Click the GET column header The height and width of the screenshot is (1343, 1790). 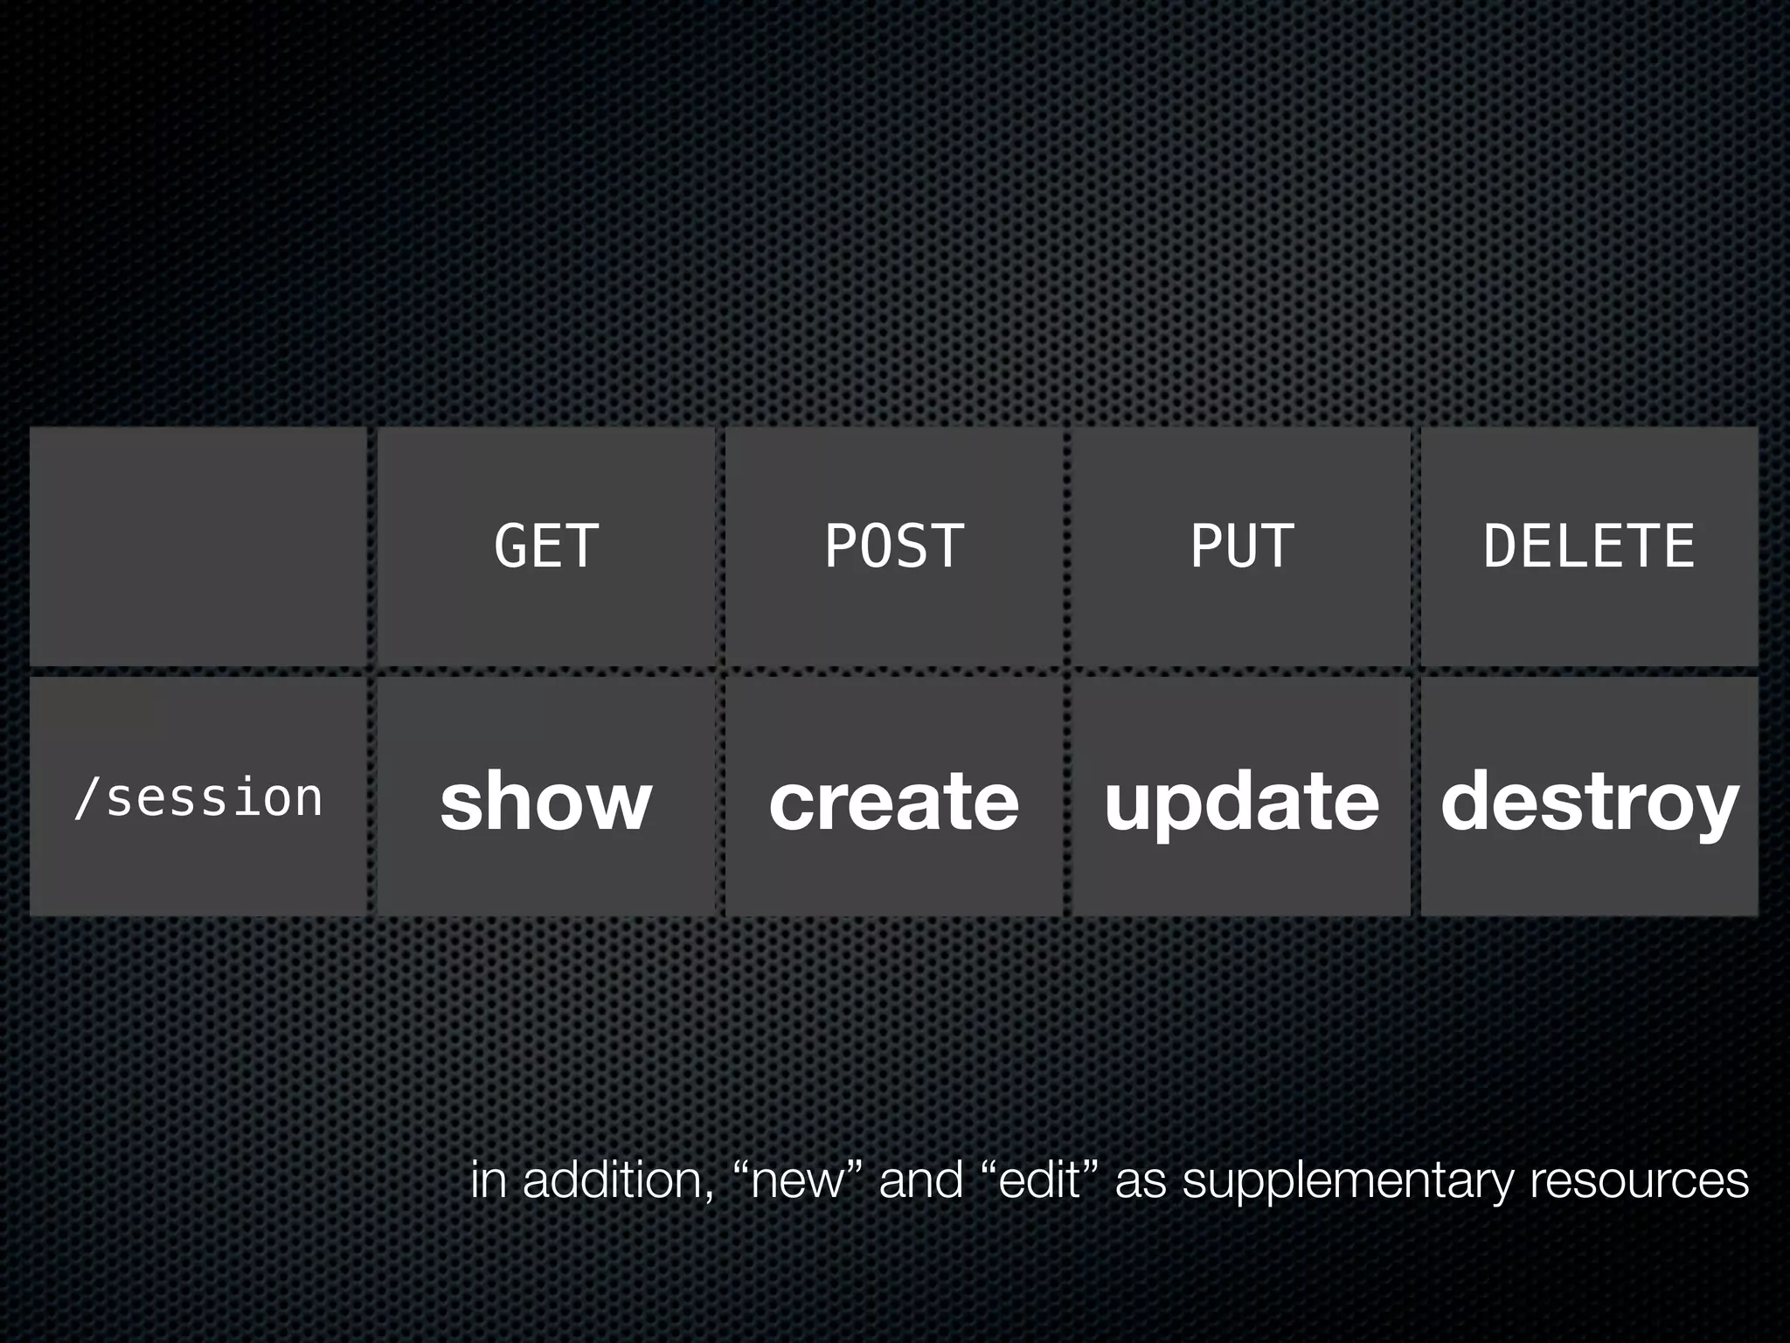[546, 546]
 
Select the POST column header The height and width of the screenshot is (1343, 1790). [894, 546]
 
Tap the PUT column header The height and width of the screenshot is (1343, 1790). [1241, 546]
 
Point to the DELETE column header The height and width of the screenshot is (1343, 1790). [1589, 546]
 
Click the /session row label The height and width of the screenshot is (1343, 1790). [198, 798]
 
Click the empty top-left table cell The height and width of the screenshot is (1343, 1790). [198, 546]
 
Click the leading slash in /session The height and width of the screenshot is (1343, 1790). [85, 798]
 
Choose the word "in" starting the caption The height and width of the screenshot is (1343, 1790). [488, 1179]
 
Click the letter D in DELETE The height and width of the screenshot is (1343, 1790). [1501, 546]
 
